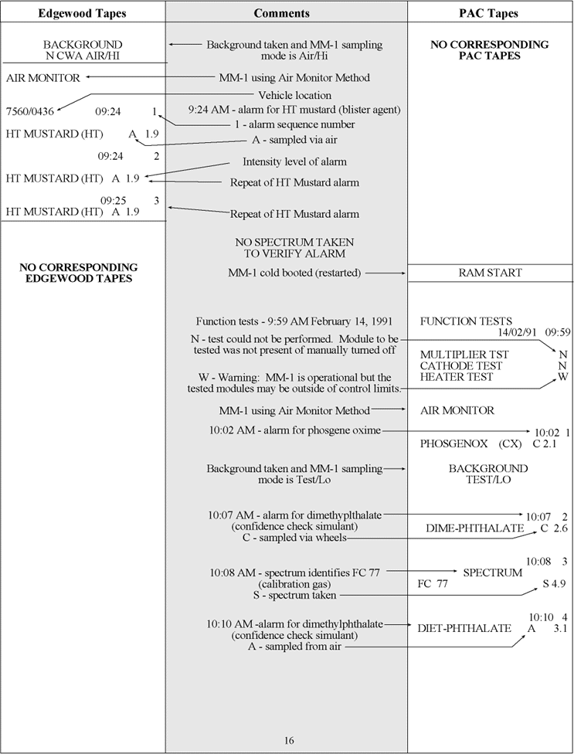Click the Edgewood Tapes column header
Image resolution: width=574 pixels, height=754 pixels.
83,13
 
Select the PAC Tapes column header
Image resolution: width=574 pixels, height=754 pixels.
491,13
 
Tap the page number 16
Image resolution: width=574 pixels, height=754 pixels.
288,741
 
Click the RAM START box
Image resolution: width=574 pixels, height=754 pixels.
490,273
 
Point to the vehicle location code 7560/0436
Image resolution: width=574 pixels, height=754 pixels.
30,112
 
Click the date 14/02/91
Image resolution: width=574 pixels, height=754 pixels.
517,333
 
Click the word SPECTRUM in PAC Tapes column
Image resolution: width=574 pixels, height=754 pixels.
492,572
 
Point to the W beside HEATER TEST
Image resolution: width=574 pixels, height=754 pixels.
563,378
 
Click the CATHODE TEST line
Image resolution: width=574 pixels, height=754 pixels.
461,365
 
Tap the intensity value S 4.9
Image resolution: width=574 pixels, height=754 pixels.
553,583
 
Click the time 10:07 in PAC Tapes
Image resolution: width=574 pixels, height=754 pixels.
538,516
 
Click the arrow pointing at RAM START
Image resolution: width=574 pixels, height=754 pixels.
386,273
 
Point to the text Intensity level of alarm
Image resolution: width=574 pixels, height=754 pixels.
294,162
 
